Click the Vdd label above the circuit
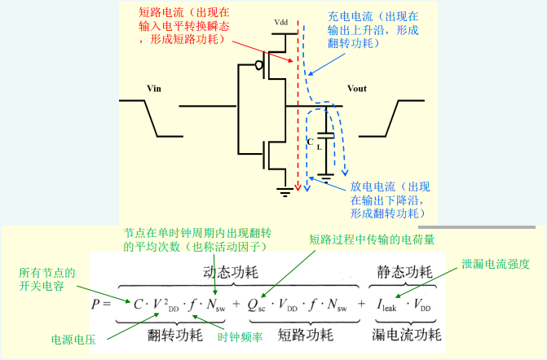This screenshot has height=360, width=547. point(281,23)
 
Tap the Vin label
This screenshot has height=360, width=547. point(154,89)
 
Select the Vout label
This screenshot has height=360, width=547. point(357,89)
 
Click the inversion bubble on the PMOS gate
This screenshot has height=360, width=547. point(259,65)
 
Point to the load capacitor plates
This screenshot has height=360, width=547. point(325,135)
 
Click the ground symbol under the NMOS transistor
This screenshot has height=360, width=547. point(285,192)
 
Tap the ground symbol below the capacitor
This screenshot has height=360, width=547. point(325,178)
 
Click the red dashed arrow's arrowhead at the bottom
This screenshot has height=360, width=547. point(298,187)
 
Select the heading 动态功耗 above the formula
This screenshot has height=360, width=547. point(231,272)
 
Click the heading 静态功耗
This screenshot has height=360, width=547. point(404,272)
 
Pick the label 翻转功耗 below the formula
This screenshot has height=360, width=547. point(175,336)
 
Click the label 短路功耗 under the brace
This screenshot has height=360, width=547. point(306,336)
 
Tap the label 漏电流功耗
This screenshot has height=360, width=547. point(407,335)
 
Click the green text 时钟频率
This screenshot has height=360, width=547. point(240,337)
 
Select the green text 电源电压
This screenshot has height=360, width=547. point(73,340)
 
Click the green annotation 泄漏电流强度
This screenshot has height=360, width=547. point(496,264)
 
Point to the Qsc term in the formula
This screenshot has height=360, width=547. point(257,305)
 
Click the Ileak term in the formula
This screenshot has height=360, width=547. point(386,305)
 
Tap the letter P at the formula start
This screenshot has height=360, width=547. point(95,304)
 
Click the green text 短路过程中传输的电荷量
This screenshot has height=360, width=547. point(372,239)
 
